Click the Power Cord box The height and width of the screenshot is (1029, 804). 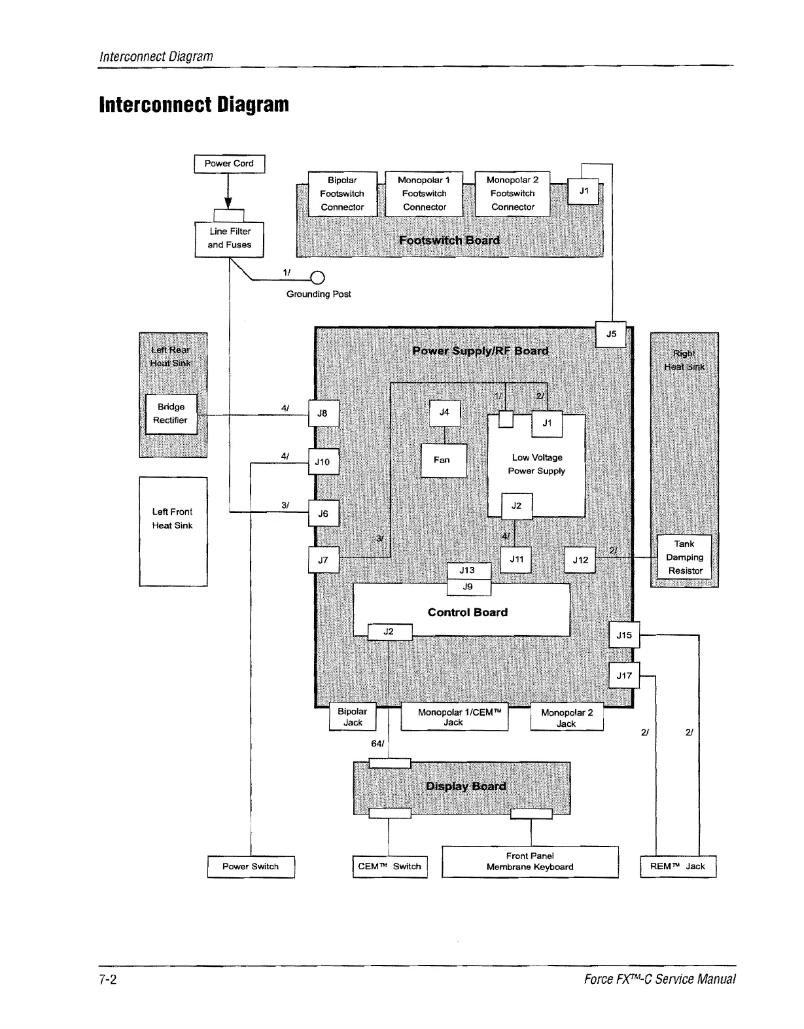[229, 164]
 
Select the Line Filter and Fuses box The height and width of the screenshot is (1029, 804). [229, 239]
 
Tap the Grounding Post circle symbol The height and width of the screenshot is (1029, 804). [317, 278]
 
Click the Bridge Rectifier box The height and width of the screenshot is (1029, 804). [171, 414]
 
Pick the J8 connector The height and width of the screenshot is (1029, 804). [323, 413]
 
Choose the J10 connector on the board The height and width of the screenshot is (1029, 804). [323, 462]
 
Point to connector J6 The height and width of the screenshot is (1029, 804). [323, 514]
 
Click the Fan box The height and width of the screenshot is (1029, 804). [443, 461]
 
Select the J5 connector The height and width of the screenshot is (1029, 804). [612, 334]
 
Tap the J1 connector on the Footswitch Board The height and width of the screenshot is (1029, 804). [584, 191]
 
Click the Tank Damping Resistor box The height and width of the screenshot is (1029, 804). [684, 557]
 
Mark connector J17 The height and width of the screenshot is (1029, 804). [624, 676]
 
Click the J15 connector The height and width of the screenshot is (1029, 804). [624, 635]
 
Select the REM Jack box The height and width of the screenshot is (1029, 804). [678, 866]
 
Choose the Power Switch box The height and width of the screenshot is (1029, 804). [251, 866]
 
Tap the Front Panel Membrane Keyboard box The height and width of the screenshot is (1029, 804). [530, 862]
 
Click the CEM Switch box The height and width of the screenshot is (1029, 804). [390, 866]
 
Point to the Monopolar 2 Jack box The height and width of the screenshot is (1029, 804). [567, 718]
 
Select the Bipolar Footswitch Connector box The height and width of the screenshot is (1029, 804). [342, 194]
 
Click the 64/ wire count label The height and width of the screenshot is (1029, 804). [377, 744]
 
